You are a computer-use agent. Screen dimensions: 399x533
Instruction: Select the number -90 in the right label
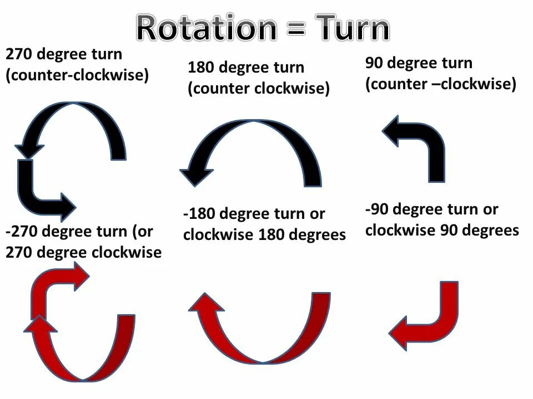coord(378,210)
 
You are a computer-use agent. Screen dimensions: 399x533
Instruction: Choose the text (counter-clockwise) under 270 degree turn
coord(77,75)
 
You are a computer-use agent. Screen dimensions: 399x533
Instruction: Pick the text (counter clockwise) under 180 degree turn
coord(259,89)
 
